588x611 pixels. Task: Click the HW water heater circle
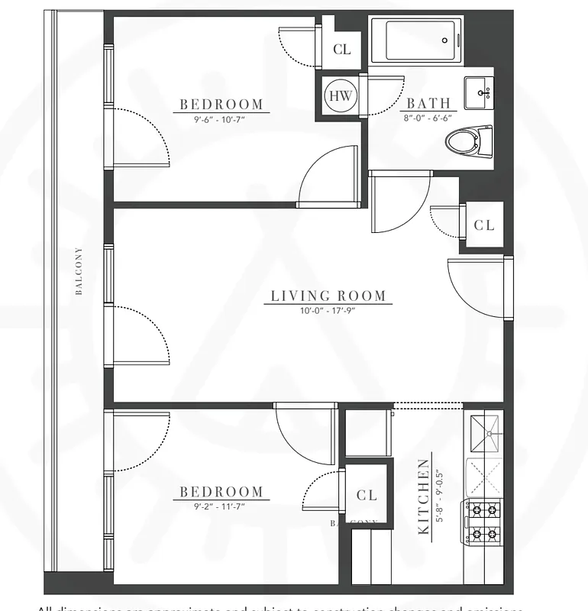click(x=340, y=95)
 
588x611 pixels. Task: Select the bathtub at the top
click(x=416, y=40)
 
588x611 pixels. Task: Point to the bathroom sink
click(x=480, y=92)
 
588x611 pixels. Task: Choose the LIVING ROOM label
click(x=329, y=296)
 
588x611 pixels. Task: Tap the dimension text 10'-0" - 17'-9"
click(x=329, y=310)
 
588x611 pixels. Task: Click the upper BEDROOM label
click(x=221, y=105)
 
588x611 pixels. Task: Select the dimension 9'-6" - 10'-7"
click(x=221, y=118)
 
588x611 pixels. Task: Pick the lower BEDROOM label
click(x=221, y=493)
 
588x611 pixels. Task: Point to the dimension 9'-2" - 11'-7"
click(x=221, y=506)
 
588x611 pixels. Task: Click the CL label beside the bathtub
click(x=342, y=50)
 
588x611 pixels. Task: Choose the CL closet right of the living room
click(x=484, y=225)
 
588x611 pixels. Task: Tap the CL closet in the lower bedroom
click(x=367, y=496)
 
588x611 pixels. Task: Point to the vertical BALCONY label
click(x=79, y=270)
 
